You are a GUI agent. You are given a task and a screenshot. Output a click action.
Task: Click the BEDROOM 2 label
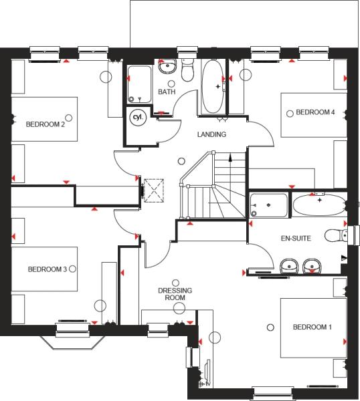tap(46, 124)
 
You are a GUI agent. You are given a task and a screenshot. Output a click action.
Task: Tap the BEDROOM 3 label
tap(48, 269)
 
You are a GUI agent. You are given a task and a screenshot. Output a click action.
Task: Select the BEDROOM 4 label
tap(315, 112)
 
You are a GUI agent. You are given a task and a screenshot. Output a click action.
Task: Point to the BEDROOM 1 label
tap(312, 327)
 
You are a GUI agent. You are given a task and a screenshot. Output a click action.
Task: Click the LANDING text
tap(211, 134)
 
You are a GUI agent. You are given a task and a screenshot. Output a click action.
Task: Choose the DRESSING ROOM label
tap(175, 294)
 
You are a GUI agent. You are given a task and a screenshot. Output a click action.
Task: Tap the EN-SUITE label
tap(296, 239)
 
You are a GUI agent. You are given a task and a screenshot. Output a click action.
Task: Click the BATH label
tap(167, 92)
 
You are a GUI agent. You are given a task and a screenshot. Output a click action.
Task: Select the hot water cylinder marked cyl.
tap(138, 118)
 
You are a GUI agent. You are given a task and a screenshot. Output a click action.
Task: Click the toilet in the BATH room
tap(187, 70)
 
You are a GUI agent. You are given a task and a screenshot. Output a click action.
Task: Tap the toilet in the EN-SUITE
tap(336, 235)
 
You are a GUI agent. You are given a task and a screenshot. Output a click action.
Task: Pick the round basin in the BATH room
tap(167, 66)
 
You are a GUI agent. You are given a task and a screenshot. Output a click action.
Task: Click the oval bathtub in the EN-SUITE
tap(319, 205)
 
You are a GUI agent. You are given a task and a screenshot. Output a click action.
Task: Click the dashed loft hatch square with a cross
tap(154, 190)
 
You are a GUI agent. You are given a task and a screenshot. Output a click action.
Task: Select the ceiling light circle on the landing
tap(181, 161)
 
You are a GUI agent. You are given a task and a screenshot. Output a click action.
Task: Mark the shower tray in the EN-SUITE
tap(268, 205)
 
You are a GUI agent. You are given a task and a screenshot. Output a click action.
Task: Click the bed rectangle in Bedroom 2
tap(44, 119)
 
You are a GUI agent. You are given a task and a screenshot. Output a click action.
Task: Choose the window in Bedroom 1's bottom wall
tap(272, 394)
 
